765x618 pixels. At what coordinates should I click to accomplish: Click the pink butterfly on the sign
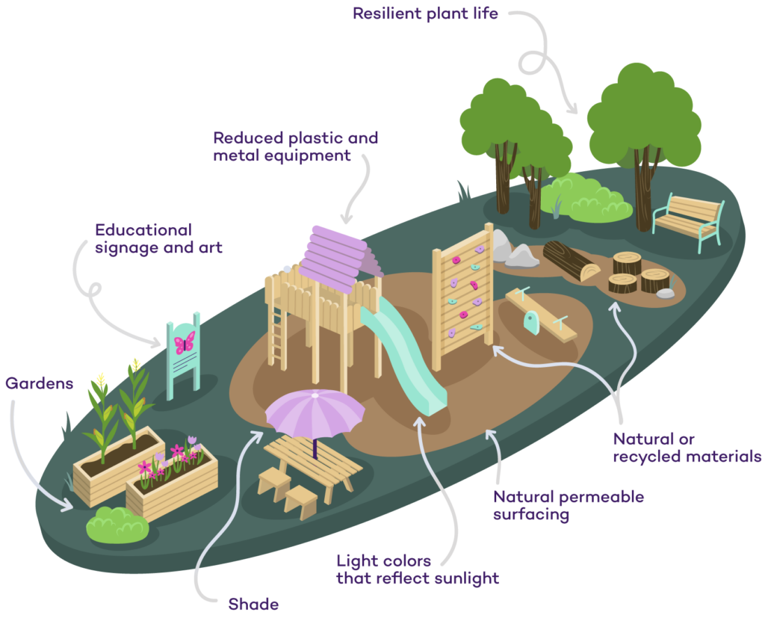184,343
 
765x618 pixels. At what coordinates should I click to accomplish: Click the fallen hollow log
569,261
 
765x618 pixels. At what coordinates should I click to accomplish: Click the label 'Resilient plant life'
425,14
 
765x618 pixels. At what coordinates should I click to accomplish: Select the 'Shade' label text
253,604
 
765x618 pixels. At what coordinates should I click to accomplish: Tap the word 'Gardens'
40,383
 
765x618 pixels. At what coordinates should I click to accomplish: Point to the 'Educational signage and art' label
158,238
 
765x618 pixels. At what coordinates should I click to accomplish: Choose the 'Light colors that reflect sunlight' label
417,569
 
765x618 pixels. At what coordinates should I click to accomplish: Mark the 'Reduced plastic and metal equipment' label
295,147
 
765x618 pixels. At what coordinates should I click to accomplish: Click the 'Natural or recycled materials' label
687,447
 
